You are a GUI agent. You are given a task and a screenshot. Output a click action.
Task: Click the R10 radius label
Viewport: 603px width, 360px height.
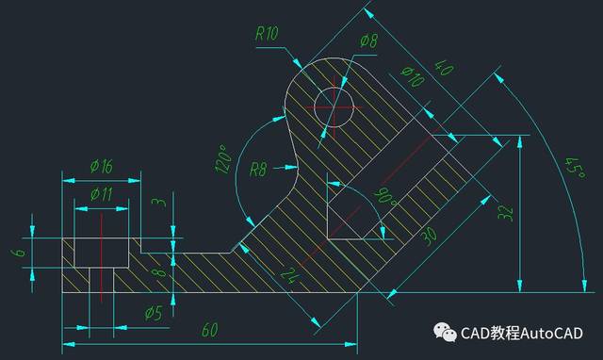click(269, 33)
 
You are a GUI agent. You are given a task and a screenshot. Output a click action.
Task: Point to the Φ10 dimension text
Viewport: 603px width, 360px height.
click(413, 78)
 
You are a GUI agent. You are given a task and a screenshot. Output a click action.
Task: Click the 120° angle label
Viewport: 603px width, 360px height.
click(224, 159)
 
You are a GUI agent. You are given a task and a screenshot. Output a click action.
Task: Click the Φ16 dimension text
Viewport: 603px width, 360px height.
click(102, 166)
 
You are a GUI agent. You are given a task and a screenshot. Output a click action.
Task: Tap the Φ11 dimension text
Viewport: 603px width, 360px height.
click(102, 194)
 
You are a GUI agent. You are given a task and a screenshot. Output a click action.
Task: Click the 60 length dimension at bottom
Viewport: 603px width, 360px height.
click(210, 330)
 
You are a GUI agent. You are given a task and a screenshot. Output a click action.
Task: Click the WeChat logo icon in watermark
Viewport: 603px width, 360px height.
click(445, 334)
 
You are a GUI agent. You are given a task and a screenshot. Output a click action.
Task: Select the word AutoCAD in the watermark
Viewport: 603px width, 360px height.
click(549, 334)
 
